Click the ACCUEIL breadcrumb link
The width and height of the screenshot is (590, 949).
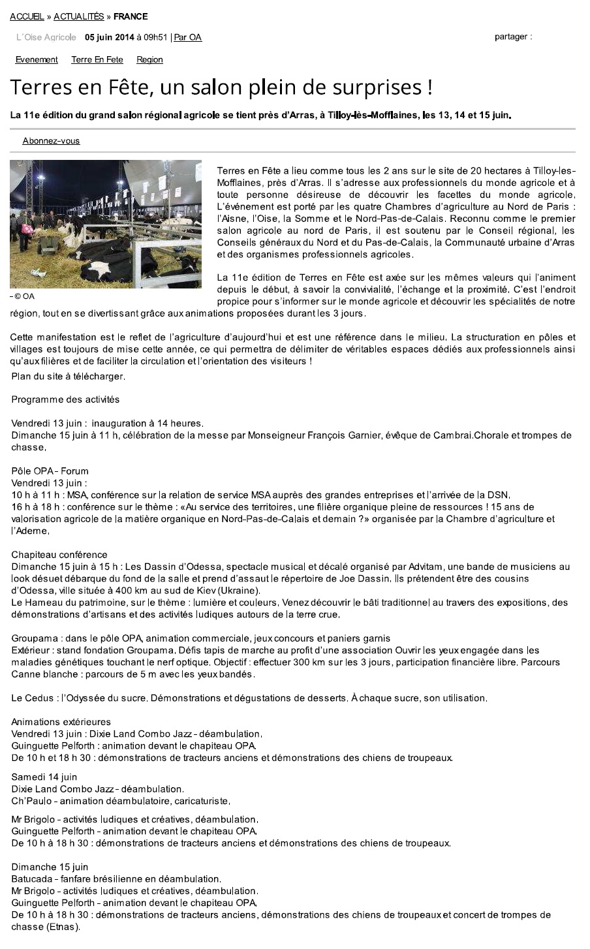click(27, 16)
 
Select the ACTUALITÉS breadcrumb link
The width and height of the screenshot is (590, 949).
click(78, 16)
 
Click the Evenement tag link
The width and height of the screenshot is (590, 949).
click(37, 59)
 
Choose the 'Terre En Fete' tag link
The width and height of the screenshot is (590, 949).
click(97, 59)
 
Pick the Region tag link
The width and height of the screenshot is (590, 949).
click(149, 59)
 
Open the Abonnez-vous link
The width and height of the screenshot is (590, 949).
click(51, 141)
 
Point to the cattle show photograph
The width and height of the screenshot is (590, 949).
click(105, 224)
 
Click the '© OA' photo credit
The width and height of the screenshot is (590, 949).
click(24, 296)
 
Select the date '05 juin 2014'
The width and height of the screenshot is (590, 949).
click(110, 37)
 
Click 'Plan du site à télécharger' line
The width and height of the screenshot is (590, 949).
click(68, 376)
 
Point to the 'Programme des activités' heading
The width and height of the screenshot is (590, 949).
click(65, 399)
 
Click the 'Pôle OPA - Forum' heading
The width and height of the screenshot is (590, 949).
click(50, 471)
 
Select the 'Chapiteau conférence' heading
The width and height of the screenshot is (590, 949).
click(59, 555)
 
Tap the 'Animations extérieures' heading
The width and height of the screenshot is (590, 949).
click(61, 722)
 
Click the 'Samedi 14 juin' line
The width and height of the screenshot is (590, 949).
click(44, 777)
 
